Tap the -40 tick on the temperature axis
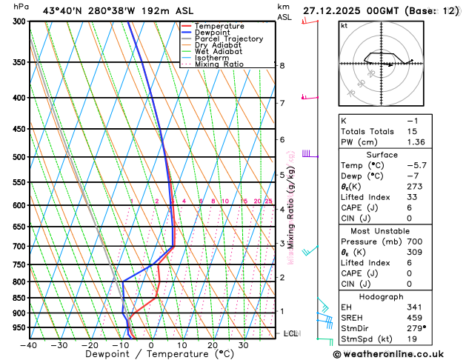[x=28, y=345]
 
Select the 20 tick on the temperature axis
[x=213, y=345]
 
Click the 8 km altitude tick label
[x=282, y=65]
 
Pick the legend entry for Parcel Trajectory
[x=228, y=39]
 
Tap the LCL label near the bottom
[x=290, y=334]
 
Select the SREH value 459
[x=415, y=318]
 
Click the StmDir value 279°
[x=416, y=329]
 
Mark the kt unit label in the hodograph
[x=344, y=25]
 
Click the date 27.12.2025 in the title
[x=332, y=11]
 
